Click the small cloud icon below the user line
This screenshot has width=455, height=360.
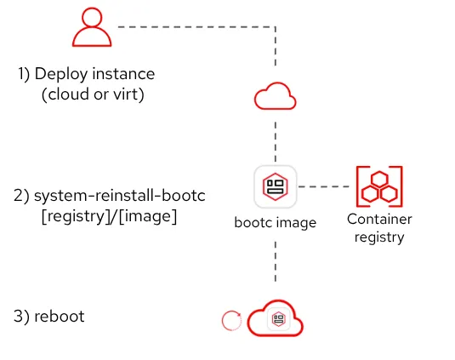point(276,97)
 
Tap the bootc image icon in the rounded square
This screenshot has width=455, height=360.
point(276,186)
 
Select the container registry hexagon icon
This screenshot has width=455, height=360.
point(378,186)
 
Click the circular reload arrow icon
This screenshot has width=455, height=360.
point(231,321)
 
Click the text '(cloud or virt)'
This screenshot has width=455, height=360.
point(93,94)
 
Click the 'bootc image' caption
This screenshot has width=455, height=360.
point(276,223)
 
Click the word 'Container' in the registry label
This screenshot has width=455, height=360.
point(379,220)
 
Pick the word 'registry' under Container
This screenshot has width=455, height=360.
point(379,237)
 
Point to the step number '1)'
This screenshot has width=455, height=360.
point(25,75)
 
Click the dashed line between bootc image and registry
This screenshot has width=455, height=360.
point(323,186)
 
